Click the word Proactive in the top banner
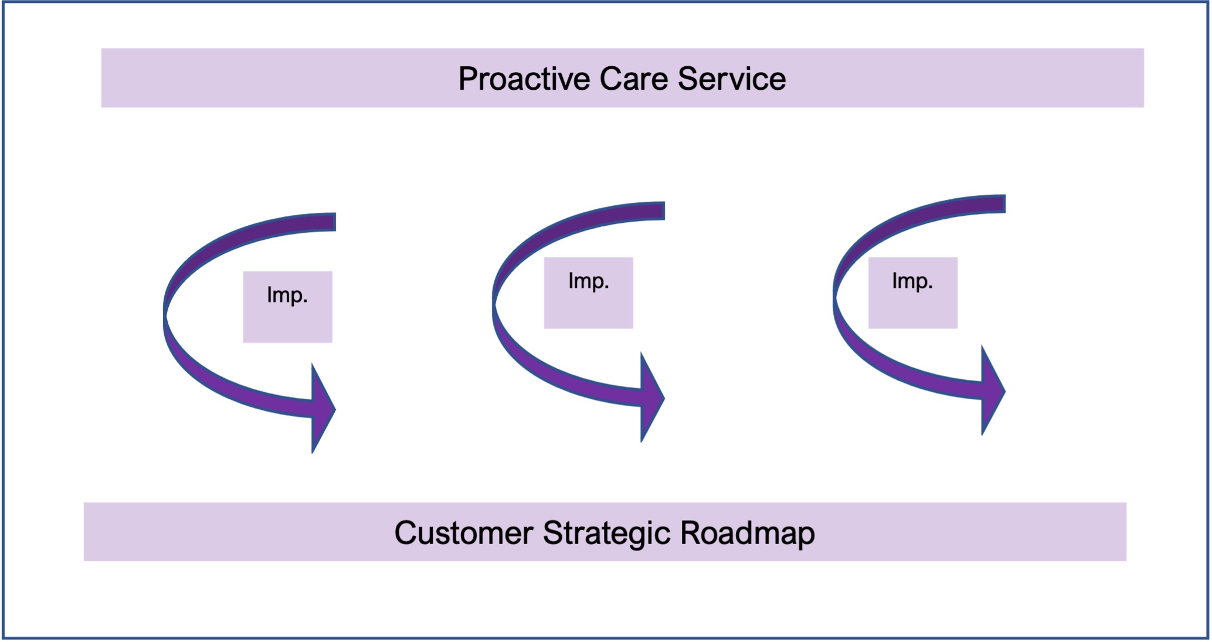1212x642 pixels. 524,79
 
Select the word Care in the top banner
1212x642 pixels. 633,79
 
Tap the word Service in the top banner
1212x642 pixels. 732,79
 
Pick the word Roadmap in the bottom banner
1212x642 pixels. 748,534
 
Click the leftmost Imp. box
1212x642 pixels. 288,307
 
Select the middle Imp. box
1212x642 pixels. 589,293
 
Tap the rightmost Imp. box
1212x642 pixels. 913,293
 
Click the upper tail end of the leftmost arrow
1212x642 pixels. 335,222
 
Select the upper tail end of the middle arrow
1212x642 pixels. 664,210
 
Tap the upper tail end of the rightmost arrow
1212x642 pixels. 1004,203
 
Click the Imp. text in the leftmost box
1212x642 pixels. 287,295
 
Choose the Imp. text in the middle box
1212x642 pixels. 589,281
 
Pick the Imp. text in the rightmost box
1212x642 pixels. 912,281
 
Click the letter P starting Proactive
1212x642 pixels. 468,79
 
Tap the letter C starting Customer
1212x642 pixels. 406,533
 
